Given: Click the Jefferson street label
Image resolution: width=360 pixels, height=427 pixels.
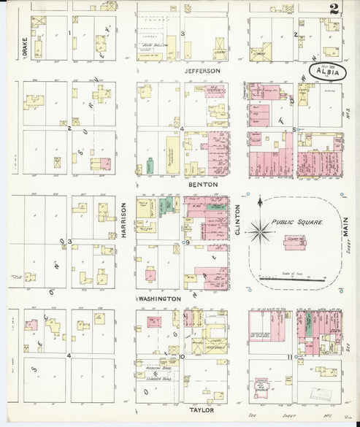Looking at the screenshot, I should click(202, 71).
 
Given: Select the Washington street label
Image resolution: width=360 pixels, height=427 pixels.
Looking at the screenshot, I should click(160, 299).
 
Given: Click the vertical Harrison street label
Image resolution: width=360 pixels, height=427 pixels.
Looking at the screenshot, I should click(125, 218).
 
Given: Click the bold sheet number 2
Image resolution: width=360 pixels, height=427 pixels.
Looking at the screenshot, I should click(333, 9).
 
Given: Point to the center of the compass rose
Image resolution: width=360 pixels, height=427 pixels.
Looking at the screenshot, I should click(258, 232).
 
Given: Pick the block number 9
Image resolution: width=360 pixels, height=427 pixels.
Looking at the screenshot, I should click(188, 242).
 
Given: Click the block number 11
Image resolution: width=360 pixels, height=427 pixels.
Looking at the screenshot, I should click(291, 357).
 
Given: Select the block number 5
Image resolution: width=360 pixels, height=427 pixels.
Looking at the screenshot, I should click(294, 129).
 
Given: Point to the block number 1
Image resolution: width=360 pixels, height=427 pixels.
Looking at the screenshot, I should click(69, 34).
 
